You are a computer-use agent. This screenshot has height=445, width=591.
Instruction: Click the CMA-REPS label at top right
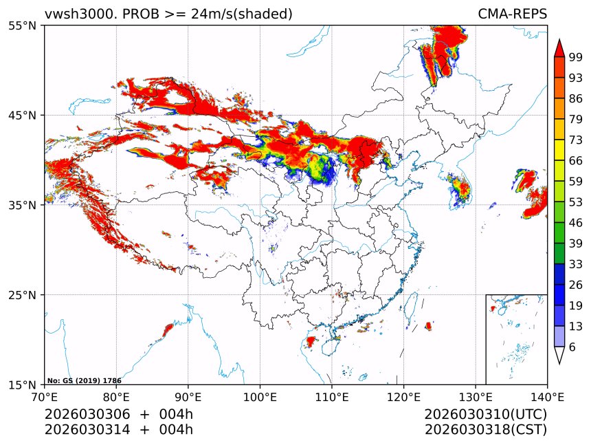pos(512,14)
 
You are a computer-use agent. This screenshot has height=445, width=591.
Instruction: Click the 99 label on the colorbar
pos(576,58)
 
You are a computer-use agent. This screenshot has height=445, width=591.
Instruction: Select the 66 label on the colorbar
pos(576,162)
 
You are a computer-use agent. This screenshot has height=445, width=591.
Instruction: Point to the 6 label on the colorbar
pos(572,347)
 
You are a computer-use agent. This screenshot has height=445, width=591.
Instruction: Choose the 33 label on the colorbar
pos(576,265)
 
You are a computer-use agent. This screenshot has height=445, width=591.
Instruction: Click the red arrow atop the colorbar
pos(559,48)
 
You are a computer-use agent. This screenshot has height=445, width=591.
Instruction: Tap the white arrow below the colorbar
pos(559,355)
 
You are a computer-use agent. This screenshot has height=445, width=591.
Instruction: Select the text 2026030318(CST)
pos(485,430)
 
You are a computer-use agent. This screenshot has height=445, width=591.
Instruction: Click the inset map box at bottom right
pos(516,339)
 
